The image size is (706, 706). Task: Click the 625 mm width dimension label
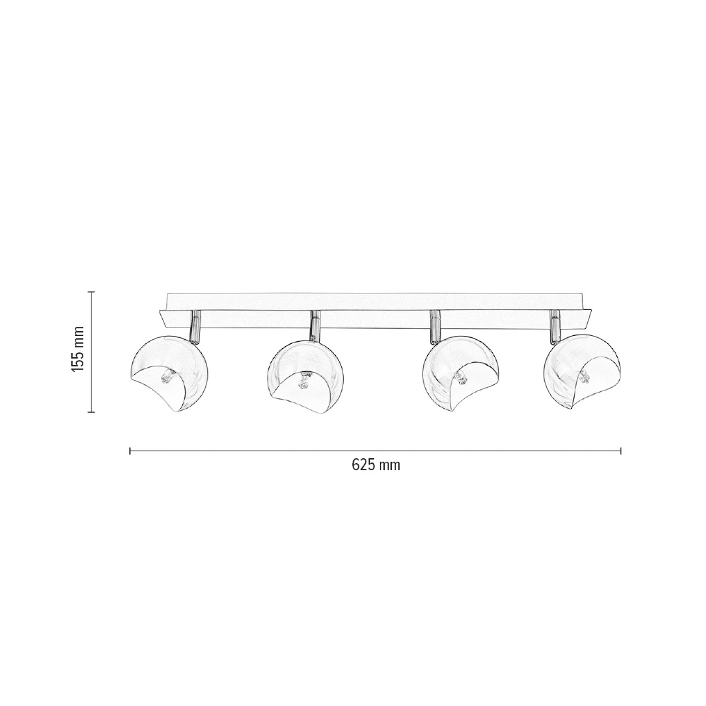click(x=376, y=465)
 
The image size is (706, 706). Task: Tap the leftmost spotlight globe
click(x=169, y=373)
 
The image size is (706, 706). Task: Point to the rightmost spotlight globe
click(x=582, y=371)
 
